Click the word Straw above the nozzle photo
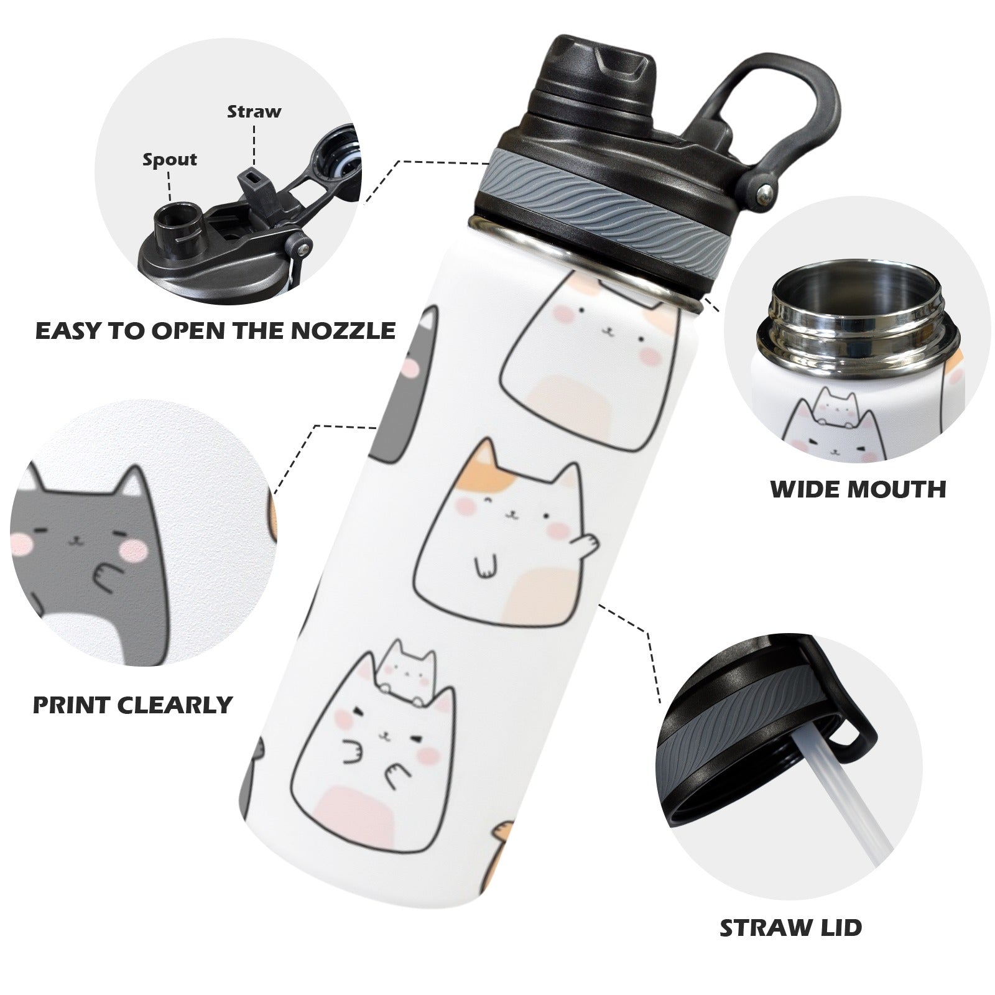(254, 112)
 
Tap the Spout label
(170, 160)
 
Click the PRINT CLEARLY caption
(132, 705)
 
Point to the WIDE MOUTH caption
(858, 489)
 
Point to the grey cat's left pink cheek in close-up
(24, 545)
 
